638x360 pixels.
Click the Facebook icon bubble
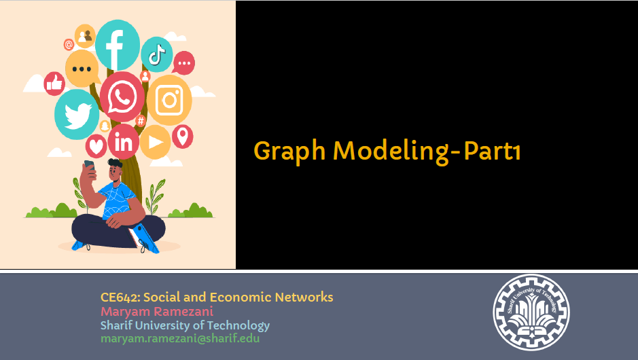click(117, 45)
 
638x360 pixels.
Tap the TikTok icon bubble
click(157, 54)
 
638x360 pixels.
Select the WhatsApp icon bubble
click(122, 97)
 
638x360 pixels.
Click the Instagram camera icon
click(169, 100)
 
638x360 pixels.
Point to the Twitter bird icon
click(77, 115)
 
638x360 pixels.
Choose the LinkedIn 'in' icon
click(124, 142)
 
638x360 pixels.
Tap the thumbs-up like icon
click(54, 84)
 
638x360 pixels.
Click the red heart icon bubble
click(96, 146)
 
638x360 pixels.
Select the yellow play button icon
click(156, 142)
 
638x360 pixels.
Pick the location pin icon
click(183, 137)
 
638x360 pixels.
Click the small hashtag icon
click(141, 121)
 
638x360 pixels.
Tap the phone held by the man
click(89, 166)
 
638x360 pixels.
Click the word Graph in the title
click(289, 151)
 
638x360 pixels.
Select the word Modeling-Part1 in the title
click(427, 151)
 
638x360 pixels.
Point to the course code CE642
click(120, 298)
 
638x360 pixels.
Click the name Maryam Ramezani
click(157, 312)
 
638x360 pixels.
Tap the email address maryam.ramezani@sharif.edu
click(180, 338)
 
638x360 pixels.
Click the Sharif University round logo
click(531, 312)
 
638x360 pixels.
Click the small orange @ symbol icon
click(69, 44)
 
